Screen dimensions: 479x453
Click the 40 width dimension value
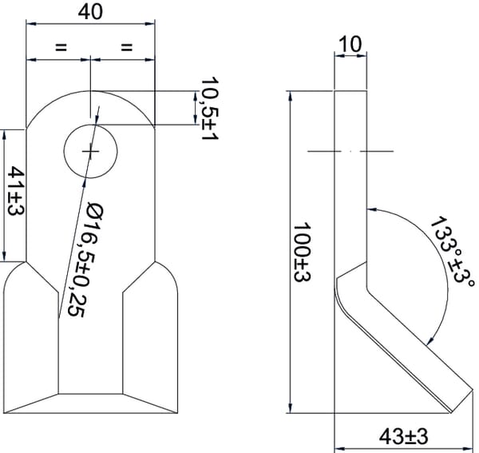(90, 12)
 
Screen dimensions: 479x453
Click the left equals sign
(61, 47)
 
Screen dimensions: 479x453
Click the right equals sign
(127, 47)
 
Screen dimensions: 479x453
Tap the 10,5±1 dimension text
(210, 108)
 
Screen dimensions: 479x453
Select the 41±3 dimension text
(16, 191)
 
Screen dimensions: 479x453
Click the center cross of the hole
(90, 151)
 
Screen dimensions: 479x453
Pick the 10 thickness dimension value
(350, 44)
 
